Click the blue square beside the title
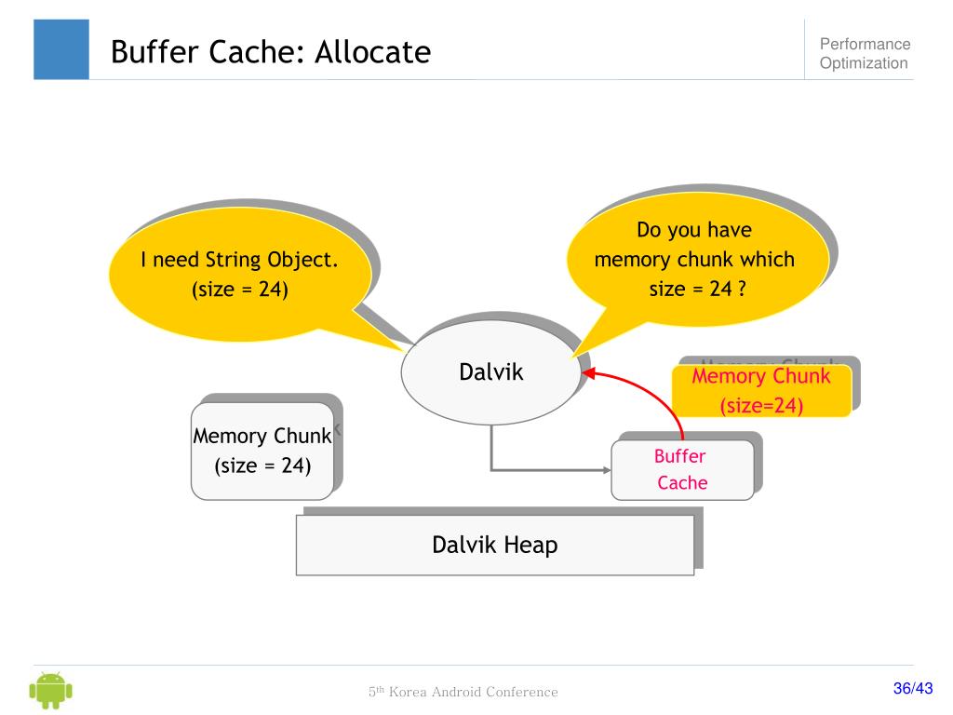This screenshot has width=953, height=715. pyautogui.click(x=61, y=49)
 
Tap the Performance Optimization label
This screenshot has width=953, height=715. pyautogui.click(x=864, y=54)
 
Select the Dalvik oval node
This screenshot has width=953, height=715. pyautogui.click(x=490, y=372)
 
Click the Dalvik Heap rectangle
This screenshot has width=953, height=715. pyautogui.click(x=494, y=545)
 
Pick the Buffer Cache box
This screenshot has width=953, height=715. pyautogui.click(x=681, y=469)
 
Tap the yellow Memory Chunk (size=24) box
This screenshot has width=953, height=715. pyautogui.click(x=760, y=391)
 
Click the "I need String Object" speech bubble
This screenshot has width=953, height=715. pyautogui.click(x=239, y=275)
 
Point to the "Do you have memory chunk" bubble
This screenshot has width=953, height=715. pyautogui.click(x=694, y=259)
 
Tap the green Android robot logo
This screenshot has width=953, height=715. pyautogui.click(x=51, y=690)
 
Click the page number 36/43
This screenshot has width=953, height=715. pyautogui.click(x=912, y=689)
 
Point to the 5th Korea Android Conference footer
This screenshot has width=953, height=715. pyautogui.click(x=463, y=692)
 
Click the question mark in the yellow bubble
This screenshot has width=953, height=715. pyautogui.click(x=742, y=289)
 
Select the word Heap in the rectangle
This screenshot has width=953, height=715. pyautogui.click(x=530, y=545)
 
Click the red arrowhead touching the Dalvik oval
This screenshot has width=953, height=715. pyautogui.click(x=589, y=374)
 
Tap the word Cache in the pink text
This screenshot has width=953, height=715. pyautogui.click(x=682, y=483)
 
